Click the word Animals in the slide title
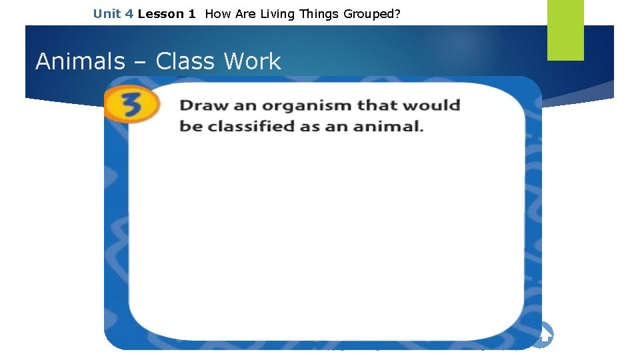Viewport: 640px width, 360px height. point(80,61)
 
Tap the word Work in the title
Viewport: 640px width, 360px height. point(253,61)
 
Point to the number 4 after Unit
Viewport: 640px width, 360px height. point(129,13)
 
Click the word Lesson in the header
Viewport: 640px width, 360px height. point(161,13)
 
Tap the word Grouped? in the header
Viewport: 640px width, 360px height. point(372,13)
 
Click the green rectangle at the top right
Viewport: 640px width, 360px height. point(565,30)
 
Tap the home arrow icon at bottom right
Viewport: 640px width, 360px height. point(544,335)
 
